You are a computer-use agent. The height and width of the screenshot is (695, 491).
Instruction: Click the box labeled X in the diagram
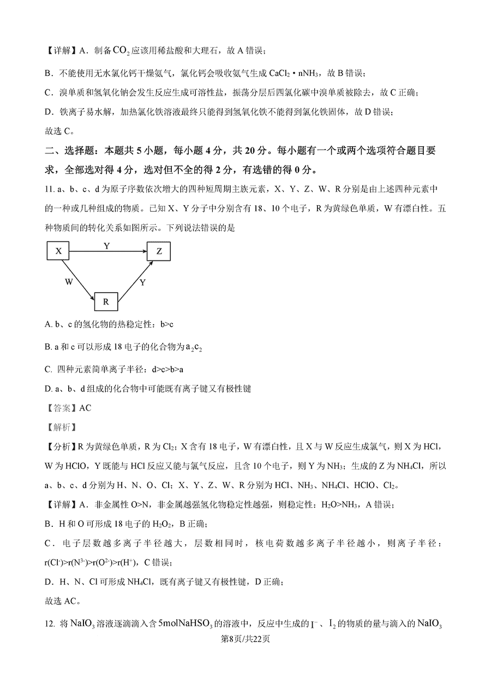click(x=59, y=251)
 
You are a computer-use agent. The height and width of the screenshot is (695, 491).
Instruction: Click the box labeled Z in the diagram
click(x=159, y=251)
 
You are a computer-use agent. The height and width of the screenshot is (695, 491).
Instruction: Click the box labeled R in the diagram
click(x=106, y=301)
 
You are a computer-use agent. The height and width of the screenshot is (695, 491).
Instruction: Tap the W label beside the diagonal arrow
click(x=68, y=282)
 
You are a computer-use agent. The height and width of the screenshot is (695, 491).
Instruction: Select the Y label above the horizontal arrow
click(x=107, y=246)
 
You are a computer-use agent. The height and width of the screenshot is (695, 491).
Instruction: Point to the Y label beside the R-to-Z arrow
click(x=142, y=282)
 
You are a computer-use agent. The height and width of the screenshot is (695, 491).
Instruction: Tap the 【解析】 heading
click(x=61, y=426)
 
